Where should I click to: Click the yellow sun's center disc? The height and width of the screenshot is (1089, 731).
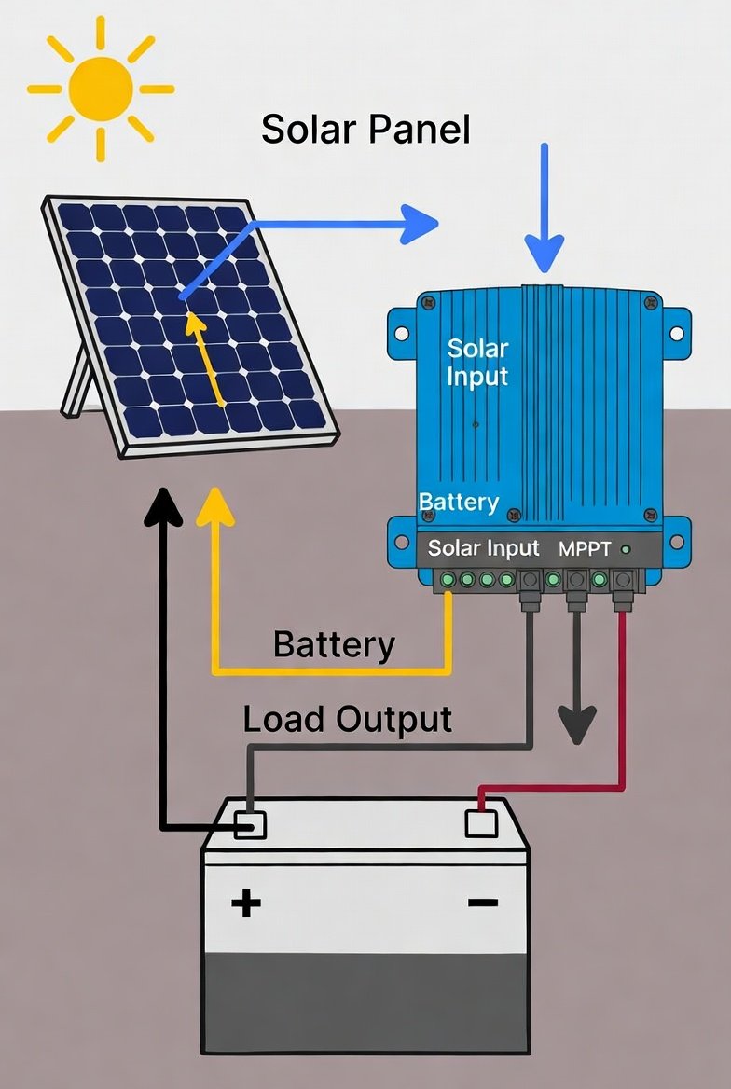(x=100, y=90)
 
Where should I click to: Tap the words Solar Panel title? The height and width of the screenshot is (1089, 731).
(x=365, y=129)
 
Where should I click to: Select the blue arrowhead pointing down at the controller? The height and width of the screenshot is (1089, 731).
(x=545, y=251)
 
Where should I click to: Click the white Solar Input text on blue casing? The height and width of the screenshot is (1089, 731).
(x=477, y=362)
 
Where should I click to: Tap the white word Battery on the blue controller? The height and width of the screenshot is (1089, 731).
(x=459, y=502)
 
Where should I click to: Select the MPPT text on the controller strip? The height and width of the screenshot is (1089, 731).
(x=584, y=549)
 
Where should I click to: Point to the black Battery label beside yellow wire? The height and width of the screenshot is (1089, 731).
(x=334, y=644)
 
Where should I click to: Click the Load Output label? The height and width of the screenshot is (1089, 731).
(x=347, y=719)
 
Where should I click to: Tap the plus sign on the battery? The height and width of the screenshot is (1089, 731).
(x=246, y=903)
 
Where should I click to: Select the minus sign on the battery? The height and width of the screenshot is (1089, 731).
(x=483, y=903)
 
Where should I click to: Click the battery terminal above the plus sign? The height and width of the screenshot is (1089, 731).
(x=250, y=823)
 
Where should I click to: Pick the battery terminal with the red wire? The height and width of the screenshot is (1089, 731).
(x=481, y=823)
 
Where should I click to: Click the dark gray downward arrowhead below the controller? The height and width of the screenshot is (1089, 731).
(x=577, y=724)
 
